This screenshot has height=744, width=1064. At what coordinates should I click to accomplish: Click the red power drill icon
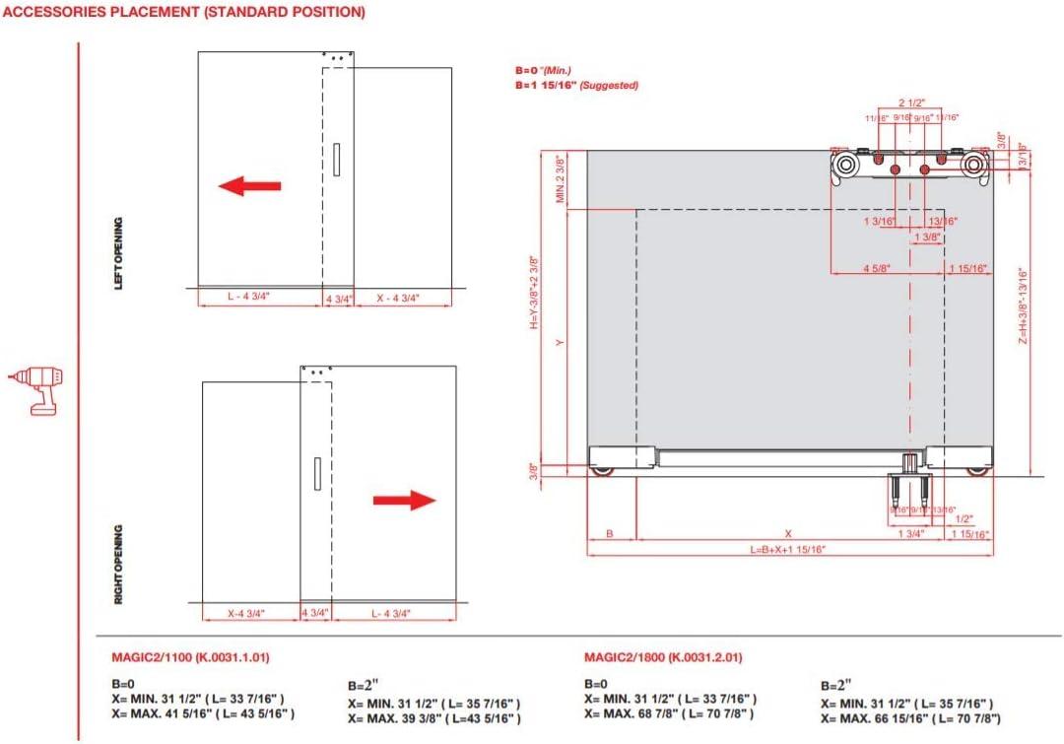click(x=34, y=389)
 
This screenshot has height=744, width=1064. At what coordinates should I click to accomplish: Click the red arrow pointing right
click(x=404, y=500)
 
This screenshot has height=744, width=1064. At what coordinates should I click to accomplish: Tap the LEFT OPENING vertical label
click(x=119, y=253)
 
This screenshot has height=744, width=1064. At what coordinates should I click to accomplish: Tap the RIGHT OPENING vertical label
click(x=119, y=564)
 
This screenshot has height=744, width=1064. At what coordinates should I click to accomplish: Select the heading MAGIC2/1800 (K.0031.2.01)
click(x=663, y=657)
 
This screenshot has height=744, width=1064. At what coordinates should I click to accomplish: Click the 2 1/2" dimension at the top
click(x=911, y=102)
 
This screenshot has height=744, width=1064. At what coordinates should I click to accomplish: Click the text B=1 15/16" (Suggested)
click(x=576, y=86)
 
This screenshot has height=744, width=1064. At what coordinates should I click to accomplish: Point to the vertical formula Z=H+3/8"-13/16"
click(x=1024, y=306)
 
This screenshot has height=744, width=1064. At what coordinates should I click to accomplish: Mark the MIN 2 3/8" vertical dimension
click(x=560, y=179)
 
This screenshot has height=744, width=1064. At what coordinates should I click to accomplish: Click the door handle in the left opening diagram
click(x=336, y=160)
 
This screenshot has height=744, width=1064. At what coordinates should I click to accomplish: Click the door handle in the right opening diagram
click(x=317, y=474)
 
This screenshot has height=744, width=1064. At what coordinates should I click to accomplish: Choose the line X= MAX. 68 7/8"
click(x=670, y=712)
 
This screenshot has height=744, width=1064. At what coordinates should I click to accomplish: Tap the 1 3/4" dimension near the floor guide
click(x=910, y=533)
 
